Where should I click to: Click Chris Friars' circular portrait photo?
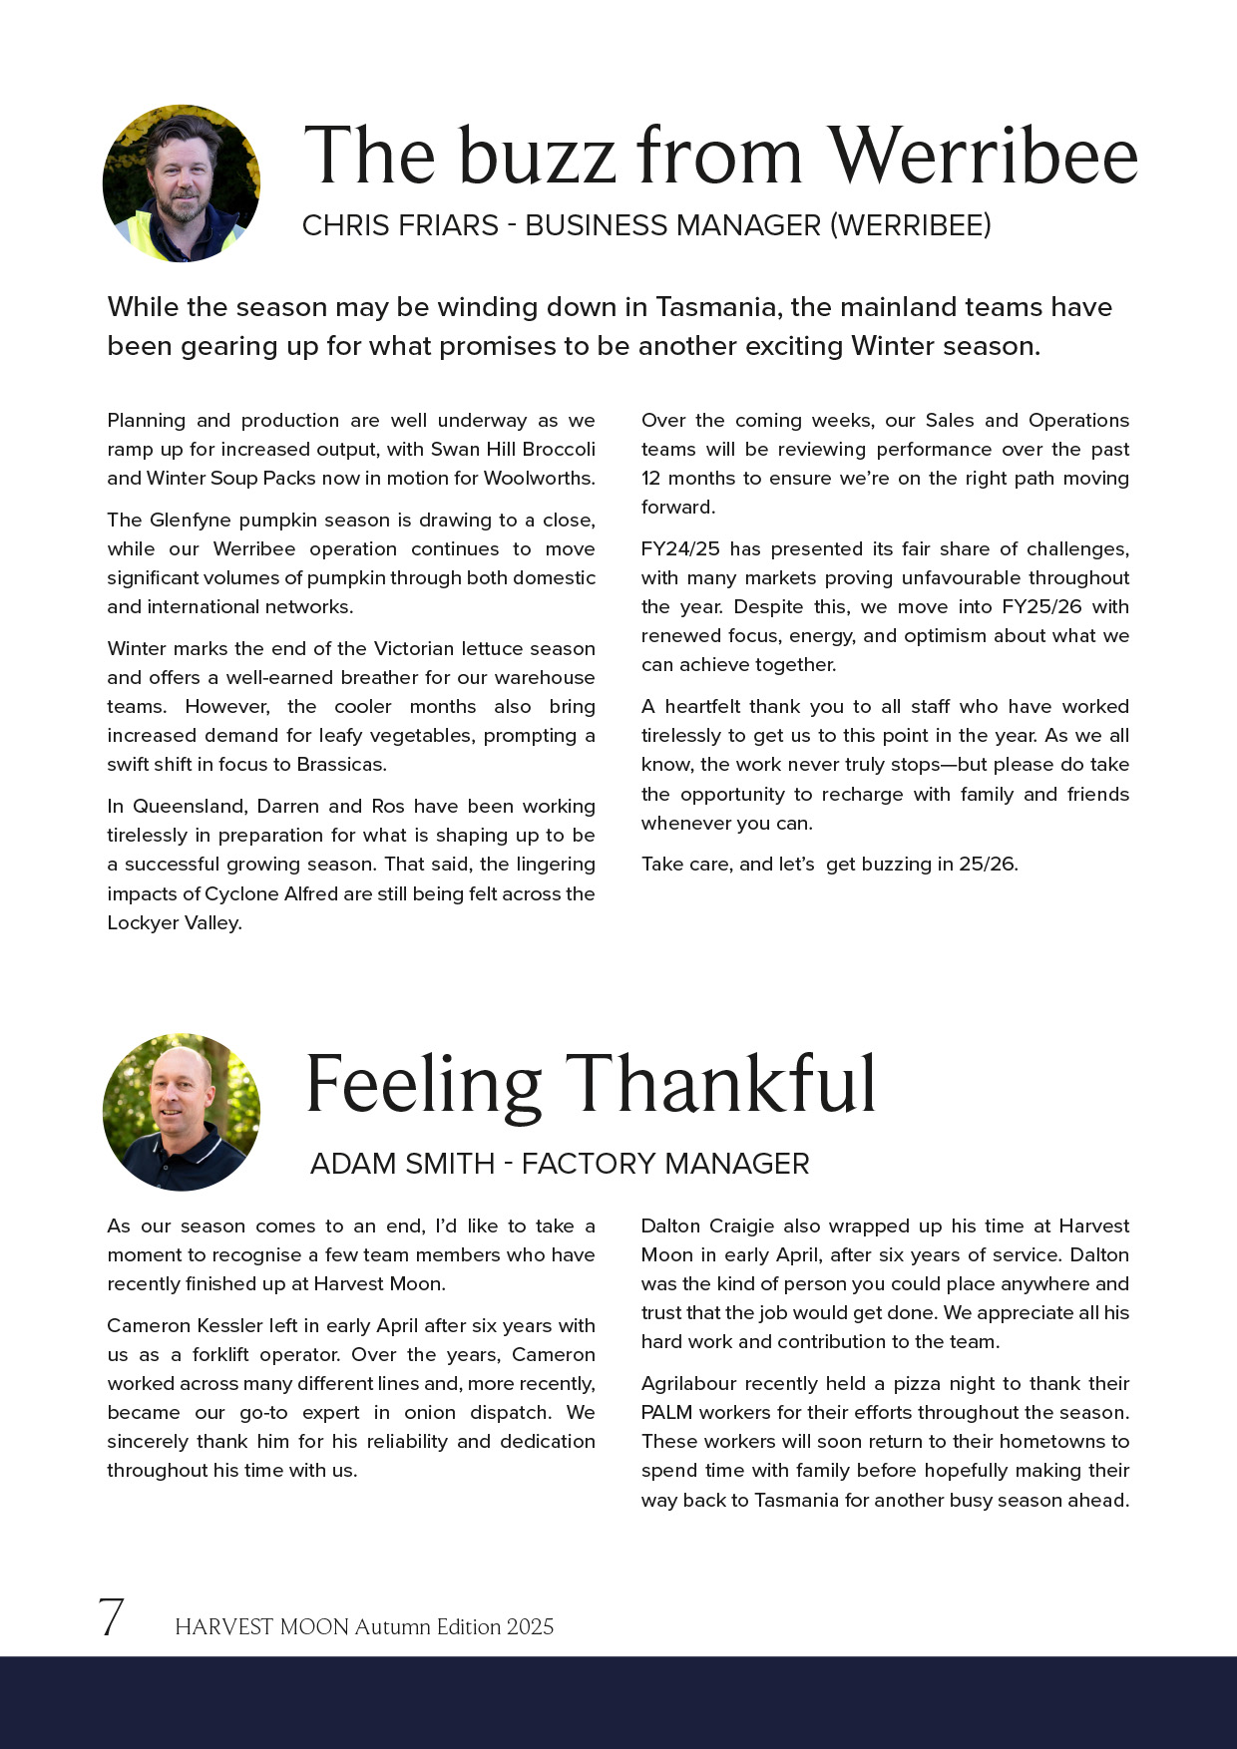(182, 183)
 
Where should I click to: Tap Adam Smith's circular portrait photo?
(182, 1112)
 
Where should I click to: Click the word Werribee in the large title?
(983, 156)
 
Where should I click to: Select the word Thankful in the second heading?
(720, 1084)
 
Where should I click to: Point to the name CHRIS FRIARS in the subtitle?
(400, 226)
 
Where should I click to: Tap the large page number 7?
(111, 1617)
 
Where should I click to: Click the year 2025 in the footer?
(530, 1626)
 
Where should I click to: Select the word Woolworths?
(539, 478)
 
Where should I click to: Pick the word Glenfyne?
(194, 520)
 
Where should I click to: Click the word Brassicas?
(340, 764)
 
